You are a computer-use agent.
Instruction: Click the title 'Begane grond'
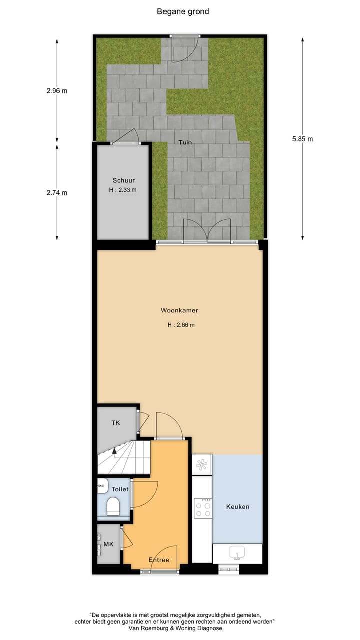(x=183, y=11)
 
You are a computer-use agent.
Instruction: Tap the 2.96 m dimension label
(x=57, y=91)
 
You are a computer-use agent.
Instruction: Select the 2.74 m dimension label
(x=57, y=193)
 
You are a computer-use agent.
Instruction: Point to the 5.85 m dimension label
(x=302, y=139)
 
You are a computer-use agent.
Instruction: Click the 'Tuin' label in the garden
(x=185, y=142)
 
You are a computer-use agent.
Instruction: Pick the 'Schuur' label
(x=123, y=181)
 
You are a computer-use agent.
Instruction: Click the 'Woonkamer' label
(x=179, y=310)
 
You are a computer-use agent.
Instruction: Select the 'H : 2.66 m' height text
(x=181, y=325)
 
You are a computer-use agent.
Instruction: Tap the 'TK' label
(x=115, y=423)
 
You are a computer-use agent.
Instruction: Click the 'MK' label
(x=108, y=544)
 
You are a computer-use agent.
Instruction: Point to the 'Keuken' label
(x=237, y=507)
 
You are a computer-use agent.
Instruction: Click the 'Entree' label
(x=159, y=560)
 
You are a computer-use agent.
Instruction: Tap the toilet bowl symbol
(x=114, y=505)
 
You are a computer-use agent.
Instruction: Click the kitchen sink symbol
(x=237, y=553)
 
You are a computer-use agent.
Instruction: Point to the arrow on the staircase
(x=114, y=451)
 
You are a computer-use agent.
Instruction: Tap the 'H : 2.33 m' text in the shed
(x=123, y=190)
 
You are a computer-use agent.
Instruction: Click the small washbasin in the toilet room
(x=102, y=484)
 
